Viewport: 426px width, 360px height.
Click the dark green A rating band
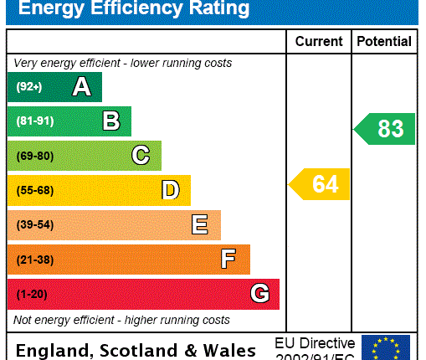tap(54, 87)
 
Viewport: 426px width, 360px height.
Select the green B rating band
tap(69, 121)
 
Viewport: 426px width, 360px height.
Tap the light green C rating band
tap(84, 156)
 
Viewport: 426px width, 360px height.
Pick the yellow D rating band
tap(99, 190)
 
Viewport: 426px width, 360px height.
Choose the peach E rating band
tap(114, 225)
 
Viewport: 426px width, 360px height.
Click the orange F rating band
tap(128, 260)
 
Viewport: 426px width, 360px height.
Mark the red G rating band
tap(143, 294)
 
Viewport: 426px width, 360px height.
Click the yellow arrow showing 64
tap(321, 184)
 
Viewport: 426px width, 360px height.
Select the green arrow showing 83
tap(385, 129)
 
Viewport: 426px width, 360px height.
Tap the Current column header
tap(319, 41)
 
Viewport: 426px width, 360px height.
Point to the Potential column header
tap(384, 41)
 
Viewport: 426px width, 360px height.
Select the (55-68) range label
tap(34, 191)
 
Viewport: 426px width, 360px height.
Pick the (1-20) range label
tap(31, 295)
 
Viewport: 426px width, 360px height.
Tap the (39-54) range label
tap(34, 225)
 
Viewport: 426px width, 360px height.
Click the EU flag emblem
tap(386, 347)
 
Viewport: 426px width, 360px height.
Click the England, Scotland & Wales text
tap(136, 350)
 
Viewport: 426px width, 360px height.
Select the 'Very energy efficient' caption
tap(123, 64)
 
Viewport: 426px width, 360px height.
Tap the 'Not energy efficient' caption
tap(121, 320)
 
